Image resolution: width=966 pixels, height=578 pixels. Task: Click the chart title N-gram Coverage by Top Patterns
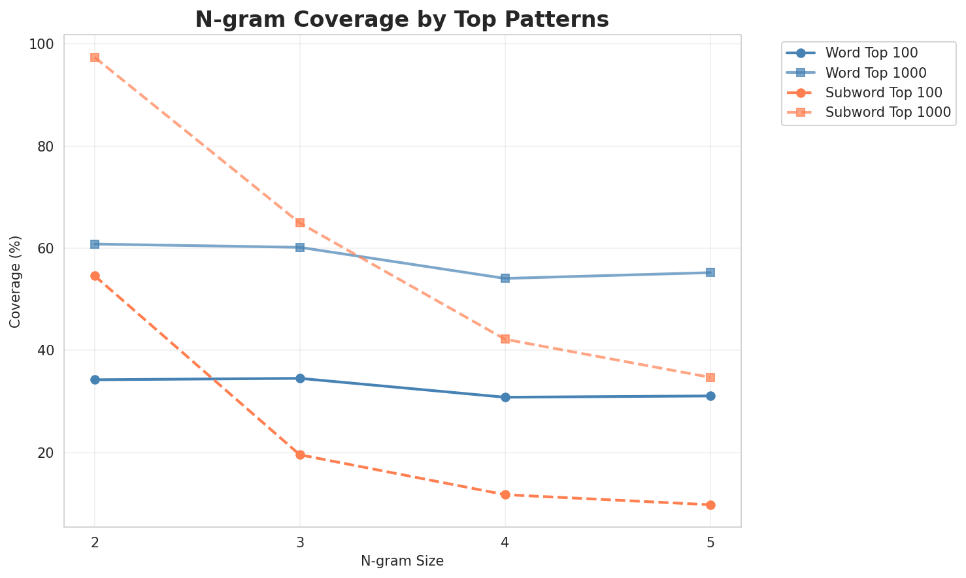click(x=402, y=20)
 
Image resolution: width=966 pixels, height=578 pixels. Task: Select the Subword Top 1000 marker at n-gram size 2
click(x=95, y=57)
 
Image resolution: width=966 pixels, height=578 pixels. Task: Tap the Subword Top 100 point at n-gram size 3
click(x=300, y=455)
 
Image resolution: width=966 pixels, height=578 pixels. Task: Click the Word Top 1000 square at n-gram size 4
click(x=505, y=278)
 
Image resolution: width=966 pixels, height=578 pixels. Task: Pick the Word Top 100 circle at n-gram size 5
click(x=710, y=396)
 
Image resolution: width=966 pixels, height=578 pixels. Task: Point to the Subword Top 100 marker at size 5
click(x=710, y=505)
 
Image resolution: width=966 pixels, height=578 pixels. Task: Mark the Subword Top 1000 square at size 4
click(x=505, y=339)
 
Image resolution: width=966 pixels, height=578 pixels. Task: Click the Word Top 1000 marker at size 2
click(x=95, y=244)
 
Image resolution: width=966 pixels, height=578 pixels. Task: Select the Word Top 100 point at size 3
click(x=300, y=378)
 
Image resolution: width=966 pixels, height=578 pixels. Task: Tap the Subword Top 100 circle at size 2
click(x=95, y=276)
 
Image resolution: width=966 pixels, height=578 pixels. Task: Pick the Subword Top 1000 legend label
click(x=888, y=112)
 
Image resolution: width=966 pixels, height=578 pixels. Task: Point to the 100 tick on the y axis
click(x=45, y=44)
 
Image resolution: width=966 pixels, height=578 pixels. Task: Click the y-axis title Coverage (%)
click(x=16, y=281)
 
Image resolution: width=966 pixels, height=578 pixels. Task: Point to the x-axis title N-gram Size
click(x=402, y=561)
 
